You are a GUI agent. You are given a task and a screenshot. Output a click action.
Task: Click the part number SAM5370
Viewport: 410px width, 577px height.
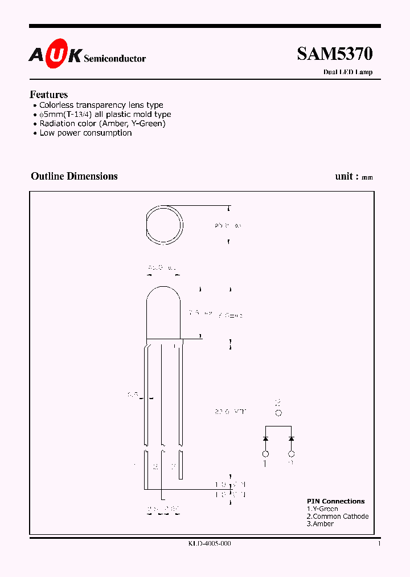point(334,54)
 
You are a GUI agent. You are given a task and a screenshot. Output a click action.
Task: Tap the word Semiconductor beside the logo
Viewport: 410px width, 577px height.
point(114,59)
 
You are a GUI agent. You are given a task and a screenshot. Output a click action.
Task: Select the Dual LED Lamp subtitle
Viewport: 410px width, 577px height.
point(347,72)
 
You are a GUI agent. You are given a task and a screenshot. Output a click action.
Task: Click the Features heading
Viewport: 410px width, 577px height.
point(48,95)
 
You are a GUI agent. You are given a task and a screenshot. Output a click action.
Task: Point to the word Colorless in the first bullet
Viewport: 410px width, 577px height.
point(56,105)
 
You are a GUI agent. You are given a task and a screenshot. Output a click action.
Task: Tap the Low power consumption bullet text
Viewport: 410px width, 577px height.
point(85,133)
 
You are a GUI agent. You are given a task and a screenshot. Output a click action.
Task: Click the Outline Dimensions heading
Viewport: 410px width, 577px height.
point(74,176)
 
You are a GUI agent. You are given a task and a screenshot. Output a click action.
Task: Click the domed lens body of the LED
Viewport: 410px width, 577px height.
point(164,314)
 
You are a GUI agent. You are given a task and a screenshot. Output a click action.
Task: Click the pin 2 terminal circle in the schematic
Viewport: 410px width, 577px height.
point(278,413)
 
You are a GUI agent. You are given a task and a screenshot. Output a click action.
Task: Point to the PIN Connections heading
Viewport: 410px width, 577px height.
point(335,501)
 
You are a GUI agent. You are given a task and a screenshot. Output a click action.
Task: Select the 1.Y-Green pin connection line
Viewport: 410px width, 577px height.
point(322,509)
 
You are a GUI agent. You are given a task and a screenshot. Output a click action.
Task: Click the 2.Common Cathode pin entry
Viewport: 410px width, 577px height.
point(337,516)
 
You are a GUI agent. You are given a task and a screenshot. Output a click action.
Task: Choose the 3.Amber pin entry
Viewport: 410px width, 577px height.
point(320,523)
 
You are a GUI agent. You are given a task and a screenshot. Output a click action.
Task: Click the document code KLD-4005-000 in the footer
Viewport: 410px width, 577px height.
point(209,544)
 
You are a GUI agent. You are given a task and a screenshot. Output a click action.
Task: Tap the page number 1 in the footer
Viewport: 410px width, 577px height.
point(379,544)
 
